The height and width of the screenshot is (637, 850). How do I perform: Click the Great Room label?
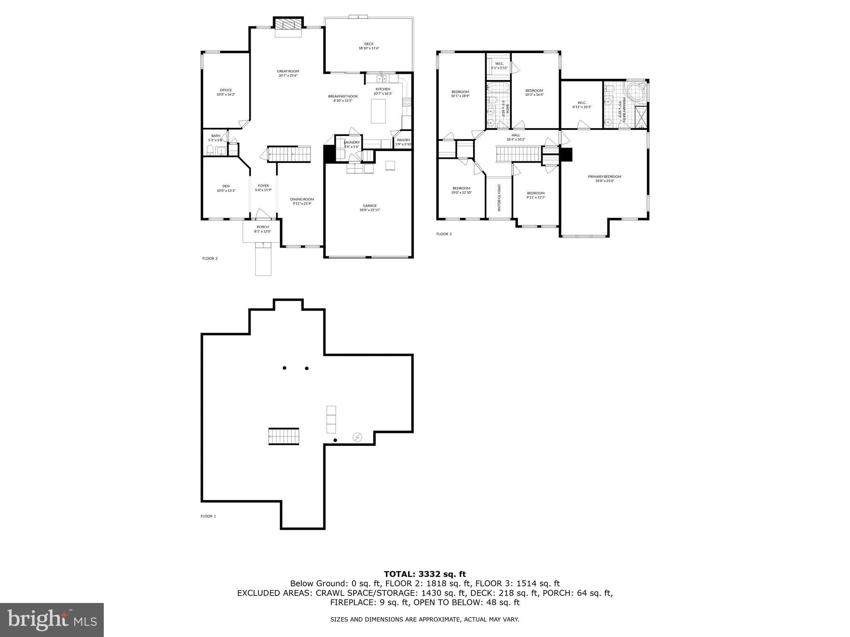pos(288,71)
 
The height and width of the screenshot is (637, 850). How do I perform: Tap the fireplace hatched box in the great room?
pos(288,24)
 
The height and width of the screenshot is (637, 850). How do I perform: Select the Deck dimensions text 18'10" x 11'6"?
pos(369,49)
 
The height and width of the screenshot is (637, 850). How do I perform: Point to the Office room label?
pos(226,90)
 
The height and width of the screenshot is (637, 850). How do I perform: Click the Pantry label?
pos(403,140)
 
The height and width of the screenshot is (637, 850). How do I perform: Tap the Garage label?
pos(369,206)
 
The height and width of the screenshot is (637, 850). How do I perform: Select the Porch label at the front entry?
pos(262,227)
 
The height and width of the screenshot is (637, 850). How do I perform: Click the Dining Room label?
pos(302,199)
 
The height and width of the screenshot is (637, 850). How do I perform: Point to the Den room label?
pos(226,186)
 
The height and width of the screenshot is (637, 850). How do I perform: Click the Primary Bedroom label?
pos(604,177)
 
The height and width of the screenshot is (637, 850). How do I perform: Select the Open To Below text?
pos(499,198)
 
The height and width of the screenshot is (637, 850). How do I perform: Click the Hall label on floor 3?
pos(515,135)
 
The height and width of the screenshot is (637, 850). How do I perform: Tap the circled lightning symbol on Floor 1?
pos(357,437)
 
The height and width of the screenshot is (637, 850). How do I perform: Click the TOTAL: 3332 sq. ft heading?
pos(425,574)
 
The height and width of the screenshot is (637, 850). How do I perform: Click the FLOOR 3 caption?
pos(444,234)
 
